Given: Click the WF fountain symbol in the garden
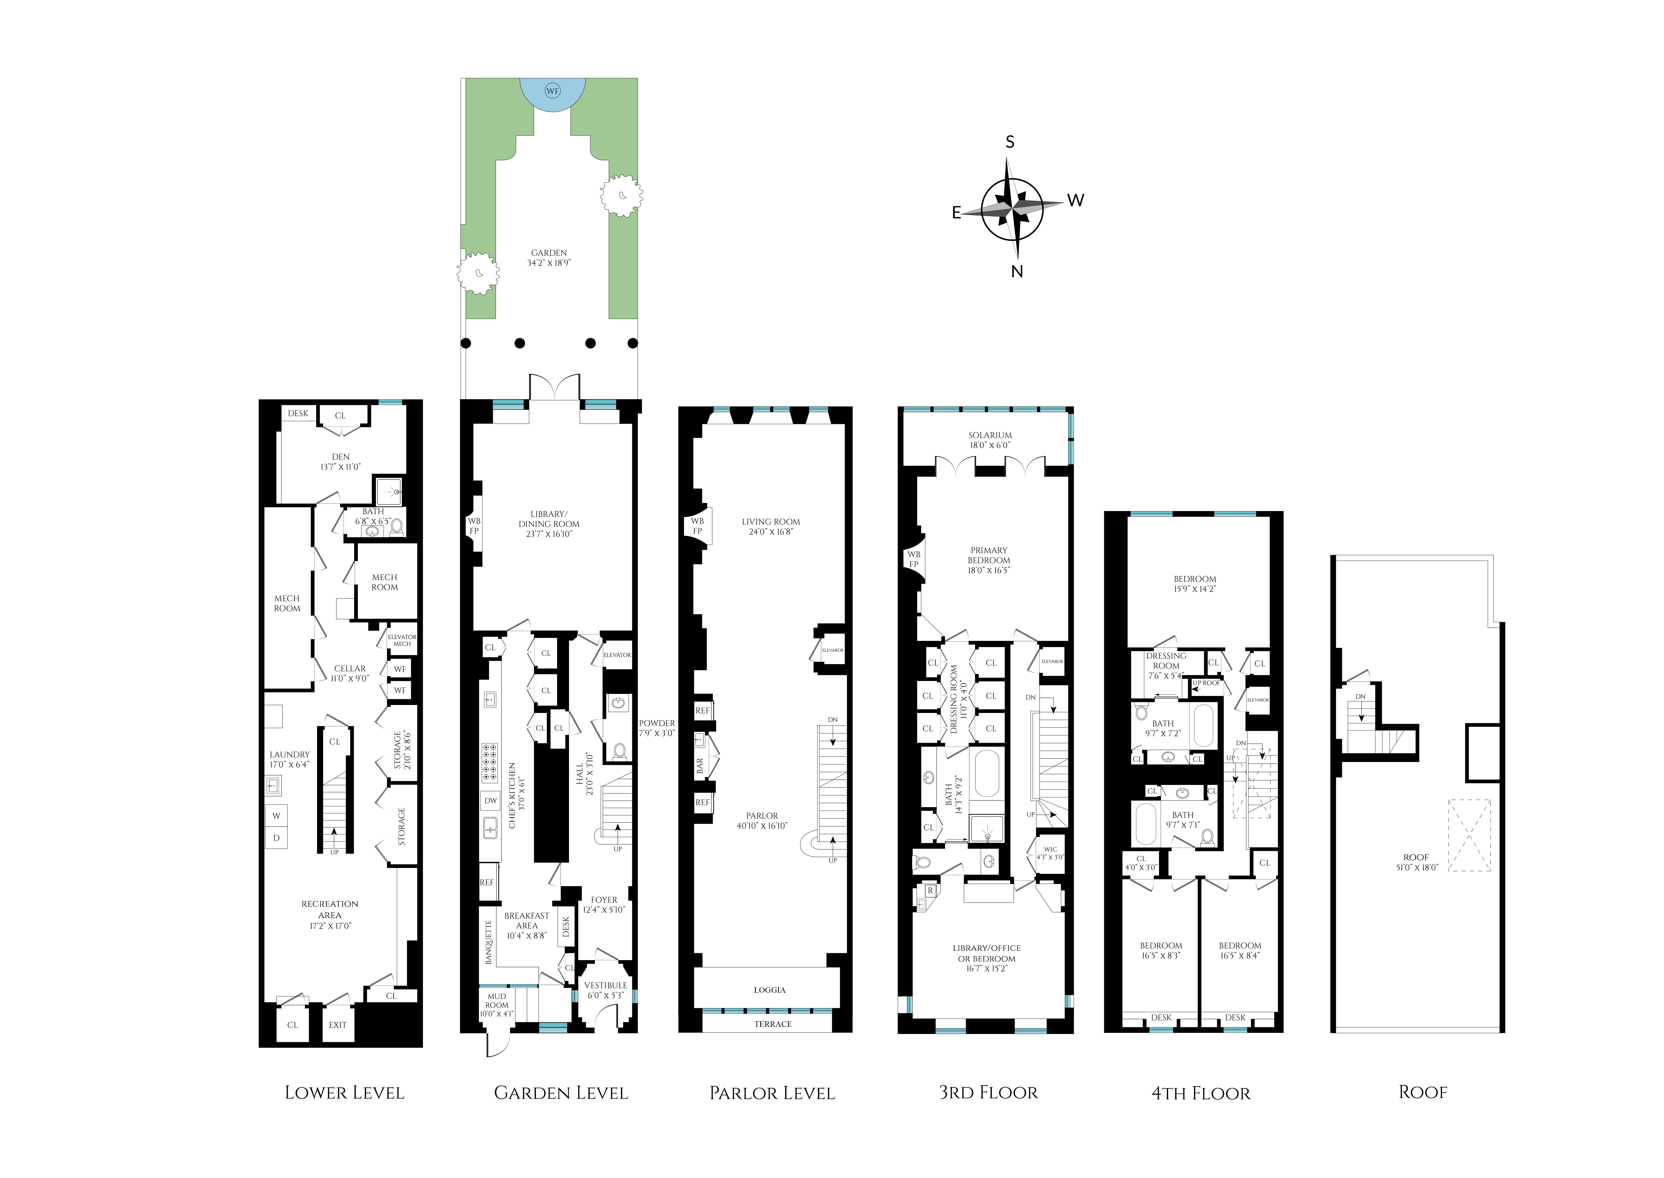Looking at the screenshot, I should click(553, 91).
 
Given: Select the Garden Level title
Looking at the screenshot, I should click(561, 1092).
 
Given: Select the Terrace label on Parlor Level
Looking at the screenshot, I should click(773, 1024).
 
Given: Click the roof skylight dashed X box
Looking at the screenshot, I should click(1469, 835).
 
